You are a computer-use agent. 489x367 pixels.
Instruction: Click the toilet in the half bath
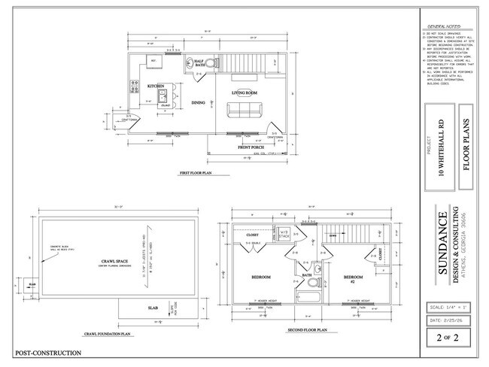(211, 64)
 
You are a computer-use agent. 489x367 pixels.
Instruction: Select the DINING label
(198, 102)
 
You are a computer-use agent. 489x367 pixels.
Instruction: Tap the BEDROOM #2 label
(354, 278)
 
